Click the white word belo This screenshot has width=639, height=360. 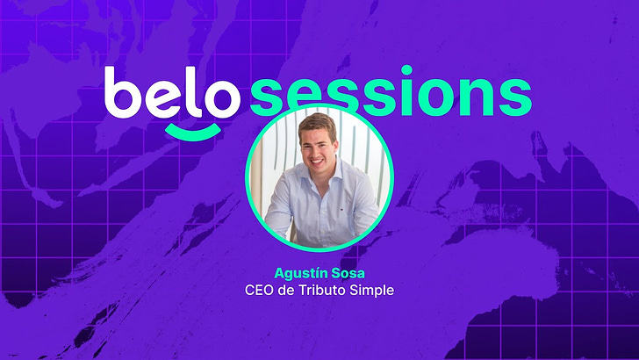(172, 93)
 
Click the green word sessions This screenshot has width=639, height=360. (391, 90)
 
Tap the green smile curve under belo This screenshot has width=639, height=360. (193, 132)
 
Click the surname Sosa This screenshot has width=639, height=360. (348, 273)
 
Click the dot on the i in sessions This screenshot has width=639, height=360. (406, 69)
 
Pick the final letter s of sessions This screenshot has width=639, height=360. (515, 97)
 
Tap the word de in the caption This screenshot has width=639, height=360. (286, 291)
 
